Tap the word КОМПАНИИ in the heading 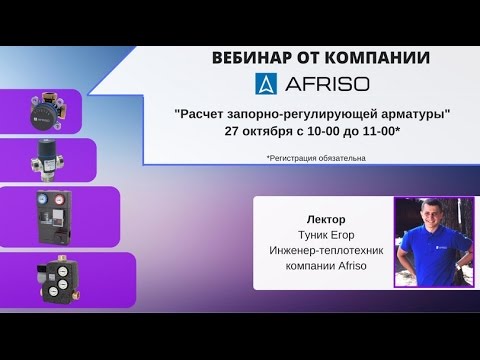tap(378, 58)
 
